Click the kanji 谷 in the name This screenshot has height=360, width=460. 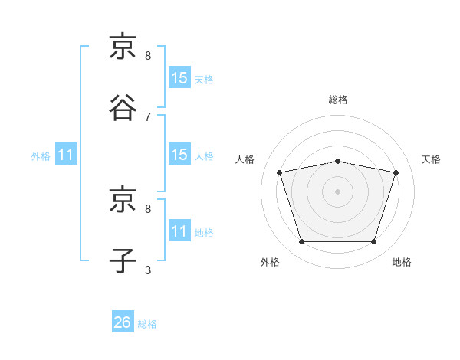tap(123, 107)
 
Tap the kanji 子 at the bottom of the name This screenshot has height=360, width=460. tap(123, 260)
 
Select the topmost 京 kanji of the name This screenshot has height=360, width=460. tap(123, 46)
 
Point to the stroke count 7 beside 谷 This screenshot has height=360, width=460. tap(148, 117)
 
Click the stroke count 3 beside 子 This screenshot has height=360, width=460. tap(148, 270)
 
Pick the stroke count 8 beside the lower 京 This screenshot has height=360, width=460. tap(148, 209)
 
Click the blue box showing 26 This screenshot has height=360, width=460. tap(123, 321)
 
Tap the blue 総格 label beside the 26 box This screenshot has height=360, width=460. tap(147, 324)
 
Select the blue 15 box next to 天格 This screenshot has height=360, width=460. tap(179, 77)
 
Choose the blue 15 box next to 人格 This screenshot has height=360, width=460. tap(179, 154)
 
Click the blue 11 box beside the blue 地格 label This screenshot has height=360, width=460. tap(179, 230)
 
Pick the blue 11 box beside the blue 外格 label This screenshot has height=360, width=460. tap(66, 154)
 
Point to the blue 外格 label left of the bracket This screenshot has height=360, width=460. tap(41, 156)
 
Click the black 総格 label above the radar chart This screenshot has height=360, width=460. tap(338, 100)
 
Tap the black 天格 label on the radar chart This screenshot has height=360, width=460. tap(431, 159)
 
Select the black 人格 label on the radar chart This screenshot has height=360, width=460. tap(245, 159)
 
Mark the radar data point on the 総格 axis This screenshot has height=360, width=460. tap(337, 162)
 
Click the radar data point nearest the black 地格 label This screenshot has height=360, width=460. tap(373, 241)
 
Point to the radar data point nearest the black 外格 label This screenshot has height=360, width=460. tap(302, 241)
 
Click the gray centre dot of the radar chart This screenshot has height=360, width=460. tap(337, 191)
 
